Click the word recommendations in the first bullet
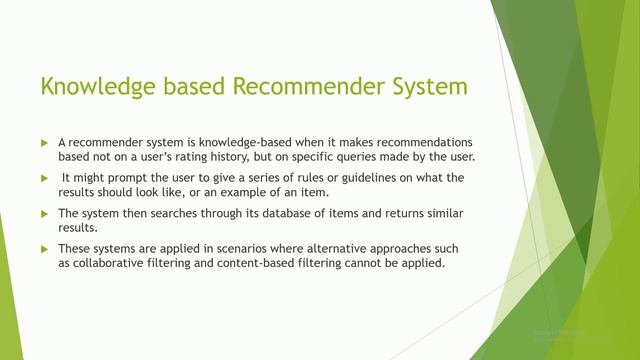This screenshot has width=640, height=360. coord(402,142)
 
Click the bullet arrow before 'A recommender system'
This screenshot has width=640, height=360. coord(44,142)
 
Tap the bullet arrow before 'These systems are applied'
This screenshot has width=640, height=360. coord(44,249)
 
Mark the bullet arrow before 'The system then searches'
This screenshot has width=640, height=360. coord(44,214)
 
